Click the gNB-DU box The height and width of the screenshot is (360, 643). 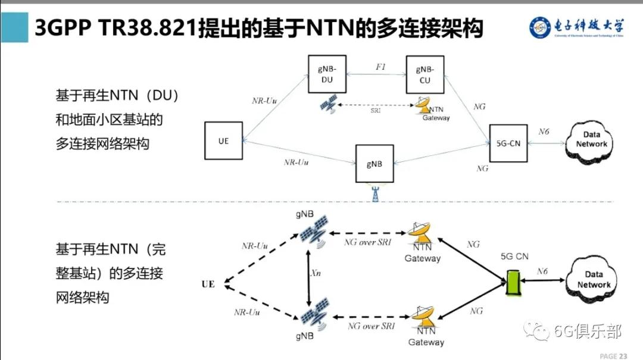click(x=327, y=74)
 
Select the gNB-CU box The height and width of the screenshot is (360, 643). click(x=424, y=75)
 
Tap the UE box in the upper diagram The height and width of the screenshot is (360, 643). click(x=223, y=141)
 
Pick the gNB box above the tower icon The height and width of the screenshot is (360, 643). click(x=374, y=164)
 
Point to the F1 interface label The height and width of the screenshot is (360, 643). click(x=380, y=67)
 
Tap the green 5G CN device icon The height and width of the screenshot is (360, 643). click(x=513, y=283)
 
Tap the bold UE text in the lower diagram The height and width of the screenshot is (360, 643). click(x=208, y=284)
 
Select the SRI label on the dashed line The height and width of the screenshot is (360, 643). click(x=376, y=111)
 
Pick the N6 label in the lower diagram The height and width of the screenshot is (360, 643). click(x=542, y=272)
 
